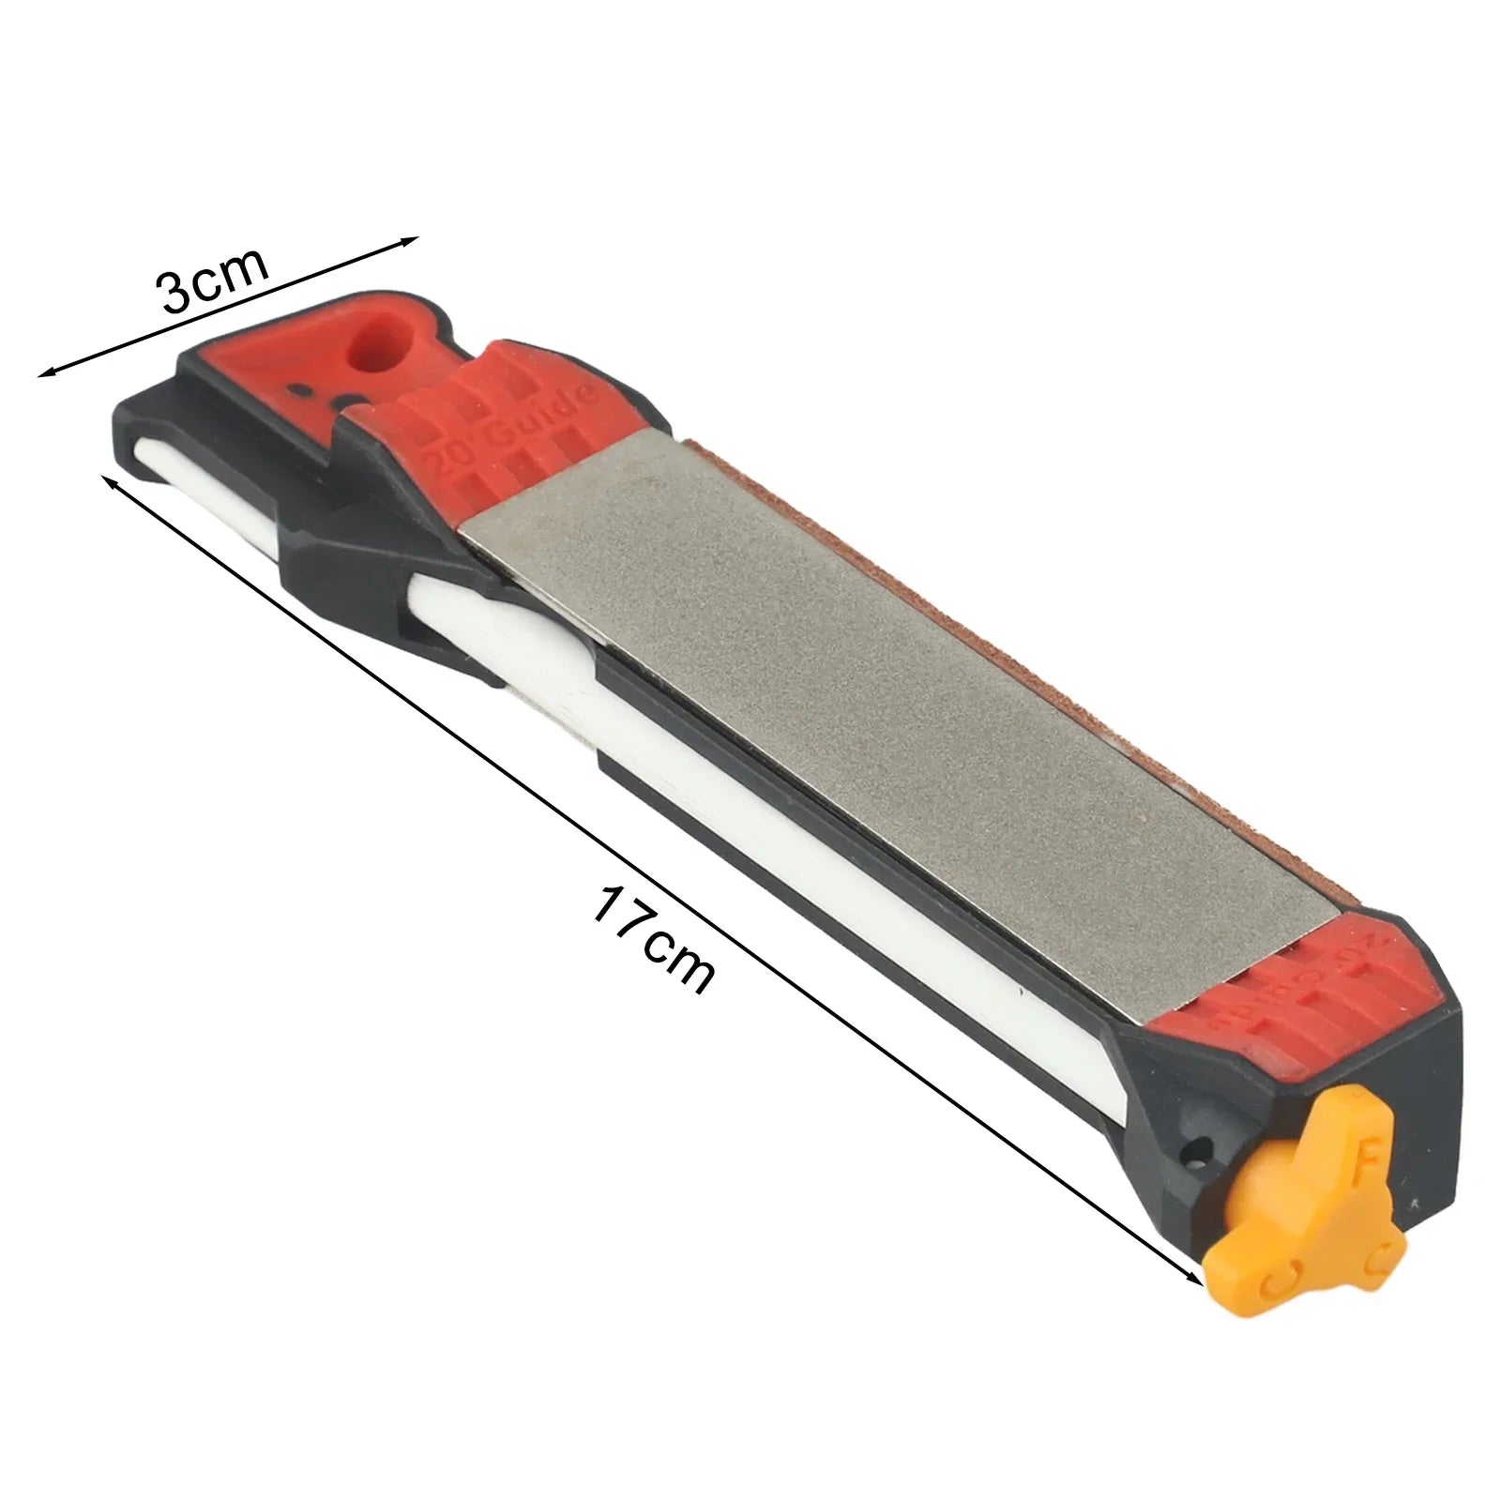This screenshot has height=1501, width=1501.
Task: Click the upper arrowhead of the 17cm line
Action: point(106,481)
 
